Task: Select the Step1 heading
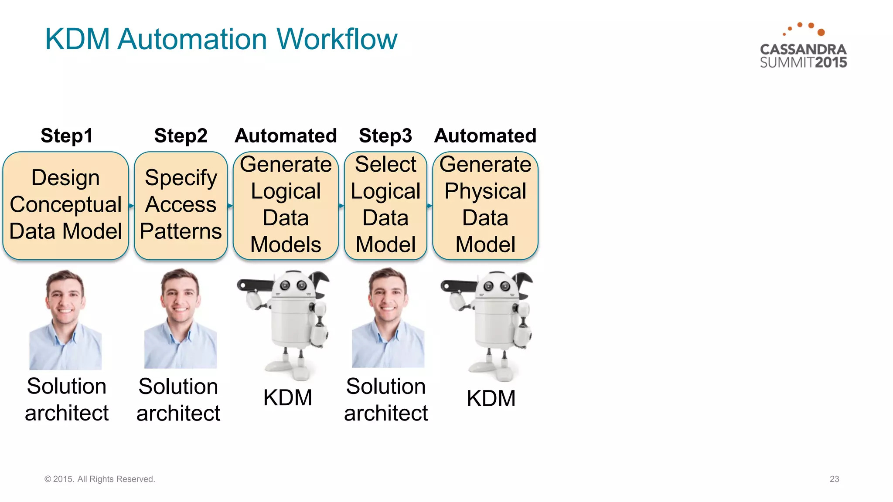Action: tap(67, 136)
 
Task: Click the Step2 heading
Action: tap(181, 136)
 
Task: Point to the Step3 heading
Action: tap(385, 136)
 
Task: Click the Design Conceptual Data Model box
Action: tap(65, 205)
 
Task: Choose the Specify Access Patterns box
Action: tap(181, 205)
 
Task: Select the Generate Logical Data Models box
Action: tap(286, 205)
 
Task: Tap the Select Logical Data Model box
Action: tap(385, 205)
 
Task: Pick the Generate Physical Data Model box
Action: tap(485, 205)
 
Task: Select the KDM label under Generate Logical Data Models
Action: tap(288, 397)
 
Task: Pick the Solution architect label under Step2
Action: tap(178, 400)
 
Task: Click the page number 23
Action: tap(834, 479)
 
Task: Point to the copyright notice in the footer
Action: tap(100, 479)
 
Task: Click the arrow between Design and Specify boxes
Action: tap(131, 205)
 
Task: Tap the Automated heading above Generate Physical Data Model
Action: tap(485, 136)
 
